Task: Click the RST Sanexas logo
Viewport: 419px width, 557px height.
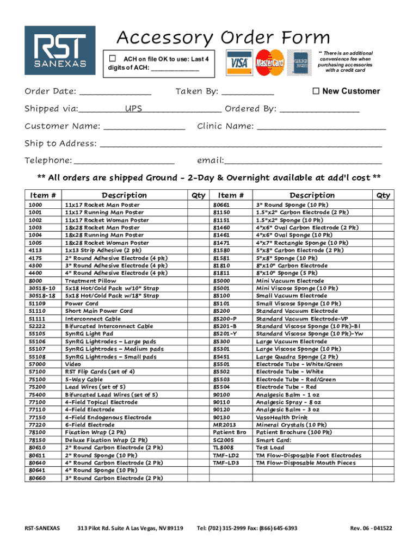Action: [x=60, y=50]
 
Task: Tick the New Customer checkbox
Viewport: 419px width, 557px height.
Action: [x=316, y=91]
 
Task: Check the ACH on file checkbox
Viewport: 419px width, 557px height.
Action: [x=113, y=58]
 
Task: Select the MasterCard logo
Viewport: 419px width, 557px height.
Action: [x=270, y=63]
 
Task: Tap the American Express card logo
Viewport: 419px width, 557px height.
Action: [x=301, y=63]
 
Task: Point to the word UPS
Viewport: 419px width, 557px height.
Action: [x=133, y=109]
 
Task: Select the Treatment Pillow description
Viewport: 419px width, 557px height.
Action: [x=90, y=281]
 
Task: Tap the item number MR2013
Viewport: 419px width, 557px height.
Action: [x=225, y=425]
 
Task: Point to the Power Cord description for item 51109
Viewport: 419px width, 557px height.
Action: [x=82, y=304]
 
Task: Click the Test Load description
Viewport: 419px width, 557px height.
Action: [x=270, y=448]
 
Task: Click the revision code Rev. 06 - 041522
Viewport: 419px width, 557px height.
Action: [x=371, y=528]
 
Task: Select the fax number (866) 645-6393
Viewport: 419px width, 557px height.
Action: [x=278, y=528]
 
